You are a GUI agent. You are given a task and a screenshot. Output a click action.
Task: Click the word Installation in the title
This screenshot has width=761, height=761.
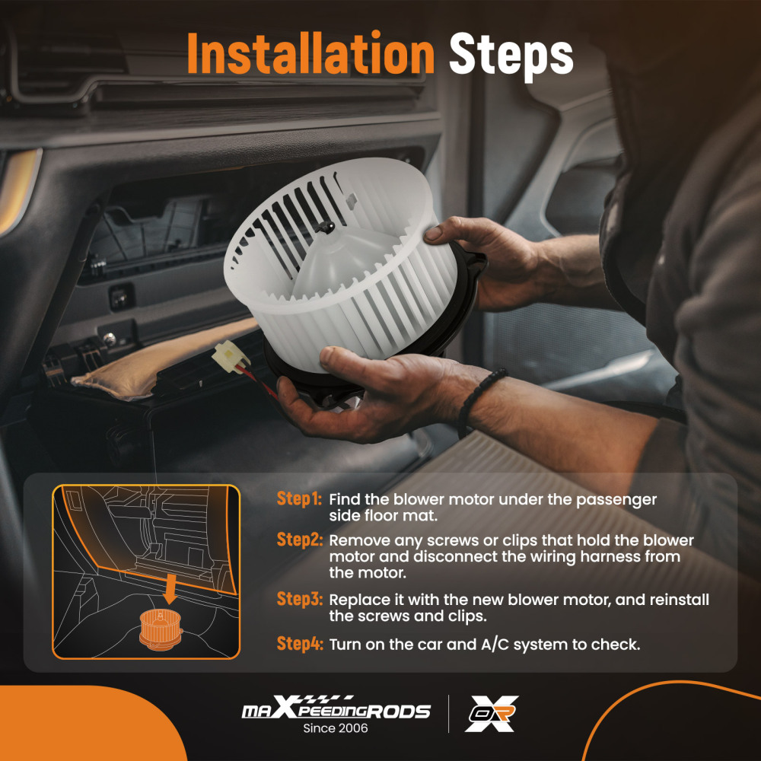pos(310,53)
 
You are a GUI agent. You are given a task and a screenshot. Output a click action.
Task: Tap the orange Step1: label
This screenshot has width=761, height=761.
pos(299,499)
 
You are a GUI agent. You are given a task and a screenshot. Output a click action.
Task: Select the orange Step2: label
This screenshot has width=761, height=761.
pos(299,540)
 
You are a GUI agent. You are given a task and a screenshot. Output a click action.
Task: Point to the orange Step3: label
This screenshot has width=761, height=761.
pos(299,599)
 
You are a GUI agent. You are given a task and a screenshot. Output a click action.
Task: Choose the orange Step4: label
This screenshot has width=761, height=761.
pos(299,644)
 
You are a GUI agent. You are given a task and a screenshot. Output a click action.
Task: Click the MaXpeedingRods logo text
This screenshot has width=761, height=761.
pos(336,708)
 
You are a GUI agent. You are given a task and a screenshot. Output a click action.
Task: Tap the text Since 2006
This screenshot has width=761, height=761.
pos(336,728)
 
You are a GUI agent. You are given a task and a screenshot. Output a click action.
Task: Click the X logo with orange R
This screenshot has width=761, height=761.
pos(491,713)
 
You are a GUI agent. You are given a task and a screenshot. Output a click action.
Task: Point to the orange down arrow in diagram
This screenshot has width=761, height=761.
pos(170,588)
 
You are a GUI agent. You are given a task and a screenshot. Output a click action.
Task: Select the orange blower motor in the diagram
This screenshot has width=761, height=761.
pos(161,629)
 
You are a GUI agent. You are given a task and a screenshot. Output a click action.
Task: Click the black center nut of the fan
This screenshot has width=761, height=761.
pos(324,226)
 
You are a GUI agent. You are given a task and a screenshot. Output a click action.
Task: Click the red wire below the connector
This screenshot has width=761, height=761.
pos(258,380)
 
